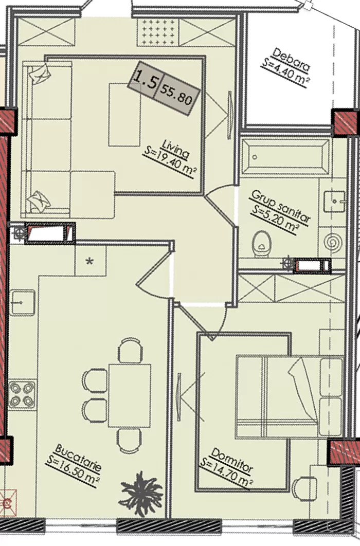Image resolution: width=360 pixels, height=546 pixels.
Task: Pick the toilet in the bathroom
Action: click(262, 244)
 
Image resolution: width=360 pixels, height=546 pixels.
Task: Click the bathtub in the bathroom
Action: click(285, 157)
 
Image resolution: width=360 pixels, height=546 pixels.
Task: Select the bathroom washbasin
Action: click(334, 201)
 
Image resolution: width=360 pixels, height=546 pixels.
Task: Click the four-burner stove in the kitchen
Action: click(22, 394)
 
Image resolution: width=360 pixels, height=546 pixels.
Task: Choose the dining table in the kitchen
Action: click(130, 395)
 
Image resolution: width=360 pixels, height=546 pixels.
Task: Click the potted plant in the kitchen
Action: click(141, 494)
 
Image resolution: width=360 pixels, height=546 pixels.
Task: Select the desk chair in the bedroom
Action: click(304, 488)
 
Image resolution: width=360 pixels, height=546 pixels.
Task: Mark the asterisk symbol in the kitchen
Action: click(90, 261)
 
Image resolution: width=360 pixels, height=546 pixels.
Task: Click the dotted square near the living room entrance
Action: click(157, 32)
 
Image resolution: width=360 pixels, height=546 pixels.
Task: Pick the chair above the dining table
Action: click(130, 350)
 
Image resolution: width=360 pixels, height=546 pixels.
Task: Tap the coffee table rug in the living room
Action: click(124, 115)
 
